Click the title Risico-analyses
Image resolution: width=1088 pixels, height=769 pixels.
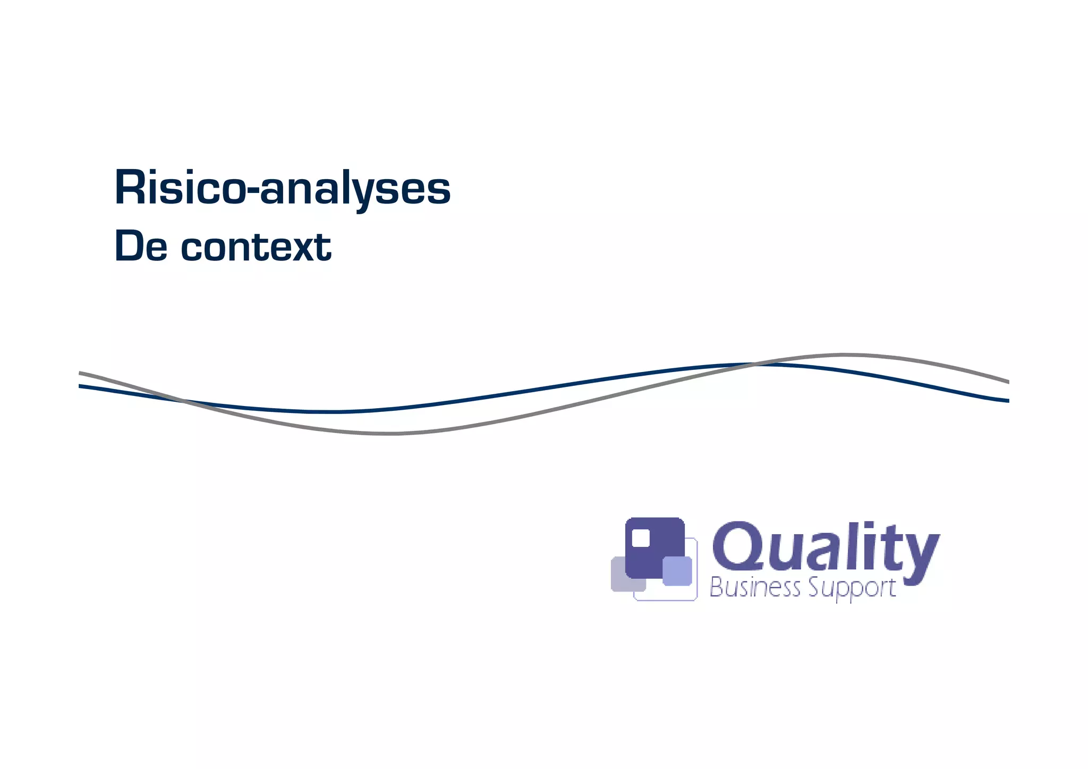282,188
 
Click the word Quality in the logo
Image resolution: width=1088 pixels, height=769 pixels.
825,547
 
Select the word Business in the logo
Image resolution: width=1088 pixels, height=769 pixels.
755,588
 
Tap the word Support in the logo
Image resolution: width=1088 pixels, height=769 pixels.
852,589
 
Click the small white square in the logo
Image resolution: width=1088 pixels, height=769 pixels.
641,538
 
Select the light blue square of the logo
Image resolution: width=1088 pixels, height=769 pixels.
677,571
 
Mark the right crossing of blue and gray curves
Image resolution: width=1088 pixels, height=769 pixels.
754,364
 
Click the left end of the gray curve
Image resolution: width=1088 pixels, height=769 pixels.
80,373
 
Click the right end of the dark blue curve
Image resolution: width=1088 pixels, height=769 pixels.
1007,401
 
